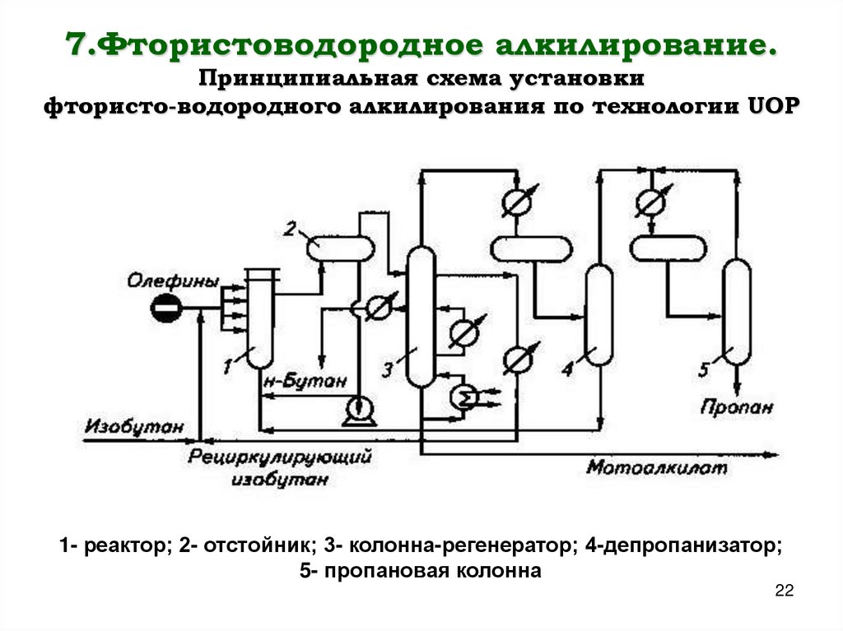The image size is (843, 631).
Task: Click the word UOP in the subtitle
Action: pyautogui.click(x=772, y=109)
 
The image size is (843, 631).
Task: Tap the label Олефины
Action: pyautogui.click(x=173, y=282)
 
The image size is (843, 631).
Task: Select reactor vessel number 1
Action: pyautogui.click(x=259, y=321)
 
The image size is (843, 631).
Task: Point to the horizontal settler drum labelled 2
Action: pyautogui.click(x=339, y=247)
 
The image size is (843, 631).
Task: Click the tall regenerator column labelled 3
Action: pyautogui.click(x=421, y=317)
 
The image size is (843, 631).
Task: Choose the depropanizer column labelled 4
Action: pyautogui.click(x=598, y=315)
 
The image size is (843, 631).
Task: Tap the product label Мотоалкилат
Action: pyautogui.click(x=657, y=469)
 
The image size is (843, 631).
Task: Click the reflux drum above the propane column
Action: pyautogui.click(x=668, y=247)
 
